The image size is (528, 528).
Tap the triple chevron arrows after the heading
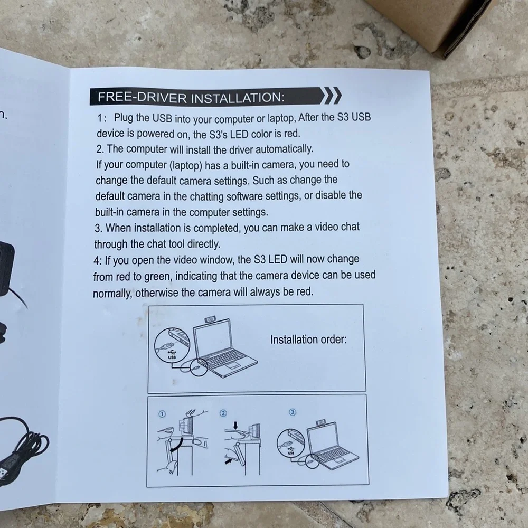click(331, 95)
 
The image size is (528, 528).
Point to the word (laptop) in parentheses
click(185, 165)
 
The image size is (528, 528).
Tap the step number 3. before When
click(98, 228)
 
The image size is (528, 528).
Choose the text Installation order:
click(308, 339)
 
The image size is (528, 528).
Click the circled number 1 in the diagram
click(162, 414)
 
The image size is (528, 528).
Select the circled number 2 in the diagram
click(223, 413)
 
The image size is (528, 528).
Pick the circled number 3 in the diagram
click(293, 412)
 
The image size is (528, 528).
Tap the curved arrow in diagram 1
click(177, 445)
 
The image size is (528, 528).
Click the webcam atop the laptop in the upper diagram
click(211, 319)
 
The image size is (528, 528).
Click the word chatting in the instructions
click(207, 196)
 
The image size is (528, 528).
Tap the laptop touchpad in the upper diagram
click(232, 365)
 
